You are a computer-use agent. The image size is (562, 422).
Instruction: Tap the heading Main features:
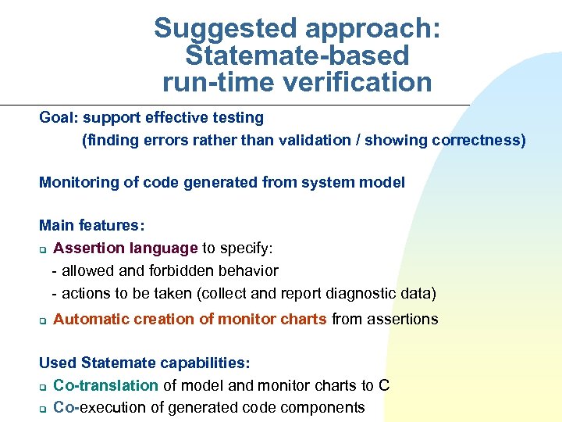[x=91, y=226]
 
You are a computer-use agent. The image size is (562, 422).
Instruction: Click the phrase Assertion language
[x=125, y=249]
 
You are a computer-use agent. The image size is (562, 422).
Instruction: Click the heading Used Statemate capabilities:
[x=144, y=363]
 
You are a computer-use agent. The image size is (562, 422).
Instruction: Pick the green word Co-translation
[x=106, y=385]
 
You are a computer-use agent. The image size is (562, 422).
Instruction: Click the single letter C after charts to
[x=384, y=385]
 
